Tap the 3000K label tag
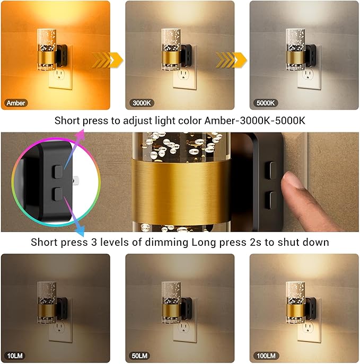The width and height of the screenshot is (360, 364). pyautogui.click(x=140, y=103)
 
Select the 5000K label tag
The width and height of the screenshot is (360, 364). pyautogui.click(x=264, y=103)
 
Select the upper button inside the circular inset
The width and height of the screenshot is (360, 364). pyautogui.click(x=57, y=171)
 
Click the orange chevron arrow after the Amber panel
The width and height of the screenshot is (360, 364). pyautogui.click(x=107, y=60)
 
